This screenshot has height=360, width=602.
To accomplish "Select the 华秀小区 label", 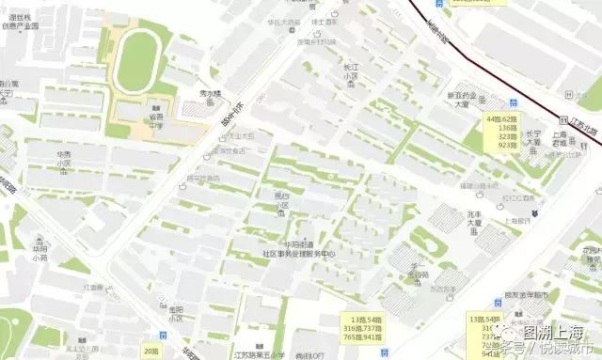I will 64,159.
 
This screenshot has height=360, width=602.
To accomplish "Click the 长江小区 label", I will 350,71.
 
